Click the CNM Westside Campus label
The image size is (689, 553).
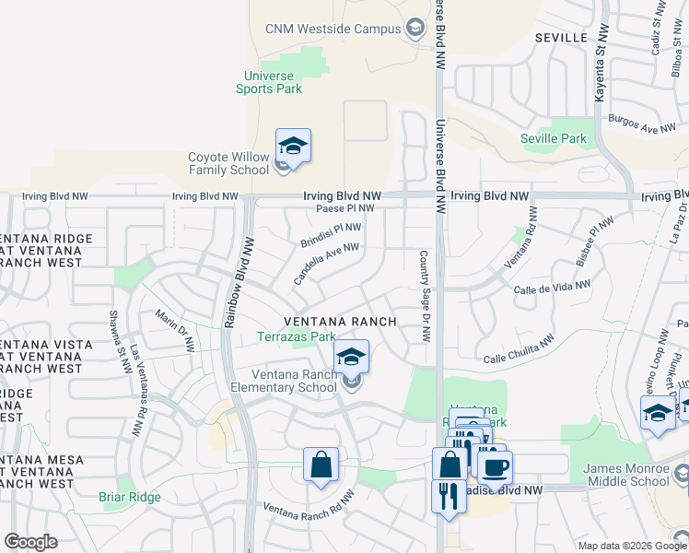coord(333,29)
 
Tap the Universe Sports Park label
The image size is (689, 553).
coord(269,82)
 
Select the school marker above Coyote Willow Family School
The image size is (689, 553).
coord(293,147)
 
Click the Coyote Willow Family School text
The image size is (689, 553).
coord(228,163)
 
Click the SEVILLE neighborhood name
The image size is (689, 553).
coord(560,37)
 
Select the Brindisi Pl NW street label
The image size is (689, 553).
coord(331,234)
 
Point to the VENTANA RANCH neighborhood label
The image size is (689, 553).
coord(340,322)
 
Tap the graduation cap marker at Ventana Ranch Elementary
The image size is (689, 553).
coord(351,357)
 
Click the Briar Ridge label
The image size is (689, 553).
coord(130,498)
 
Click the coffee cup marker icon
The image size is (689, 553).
coord(495,467)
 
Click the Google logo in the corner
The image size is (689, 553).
coord(30,542)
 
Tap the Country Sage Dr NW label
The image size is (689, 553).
coord(425,297)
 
